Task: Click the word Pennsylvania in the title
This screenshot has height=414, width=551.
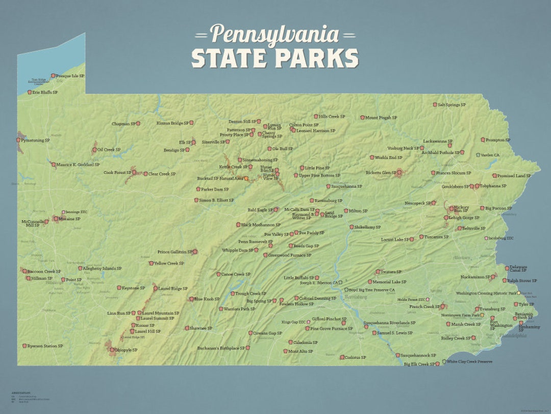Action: tap(274, 34)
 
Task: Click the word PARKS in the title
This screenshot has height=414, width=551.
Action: tap(318, 58)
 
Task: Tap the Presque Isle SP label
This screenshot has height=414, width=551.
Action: tap(70, 76)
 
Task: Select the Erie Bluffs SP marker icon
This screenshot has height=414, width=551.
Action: tap(29, 93)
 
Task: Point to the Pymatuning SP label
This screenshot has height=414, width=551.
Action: tap(35, 140)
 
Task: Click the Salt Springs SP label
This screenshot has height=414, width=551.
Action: tap(452, 105)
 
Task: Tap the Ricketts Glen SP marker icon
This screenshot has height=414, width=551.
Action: tap(400, 173)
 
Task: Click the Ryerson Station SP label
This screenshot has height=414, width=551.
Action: tap(45, 346)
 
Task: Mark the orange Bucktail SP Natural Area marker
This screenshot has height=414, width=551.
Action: tap(246, 179)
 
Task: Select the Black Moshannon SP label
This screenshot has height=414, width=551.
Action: tap(261, 224)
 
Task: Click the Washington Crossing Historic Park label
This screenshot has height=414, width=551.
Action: tap(486, 293)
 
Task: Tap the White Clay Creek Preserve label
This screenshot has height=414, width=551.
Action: tap(469, 361)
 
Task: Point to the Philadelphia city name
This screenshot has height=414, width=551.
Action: tap(513, 336)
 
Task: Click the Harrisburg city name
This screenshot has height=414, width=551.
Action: tap(355, 296)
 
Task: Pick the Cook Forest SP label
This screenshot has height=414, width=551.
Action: tap(117, 173)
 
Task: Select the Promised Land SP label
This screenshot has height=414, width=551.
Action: tap(514, 176)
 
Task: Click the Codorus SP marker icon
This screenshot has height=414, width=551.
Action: tap(342, 357)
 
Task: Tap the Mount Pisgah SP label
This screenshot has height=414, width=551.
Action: tap(381, 118)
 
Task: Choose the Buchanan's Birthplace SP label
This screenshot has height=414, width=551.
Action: tap(221, 348)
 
